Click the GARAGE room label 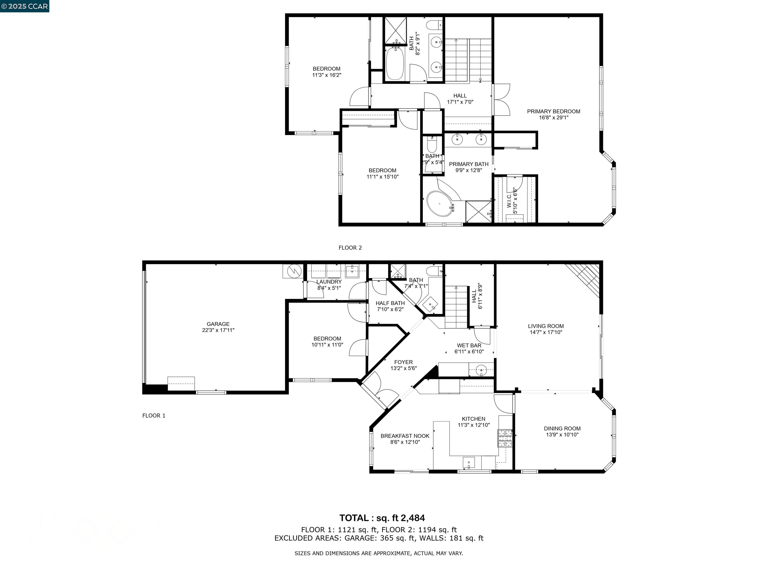point(218,324)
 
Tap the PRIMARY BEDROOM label point(553,111)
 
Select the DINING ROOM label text point(562,428)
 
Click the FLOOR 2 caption point(350,248)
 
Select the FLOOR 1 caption point(153,415)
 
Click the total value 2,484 point(413,518)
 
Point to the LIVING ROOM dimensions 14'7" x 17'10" point(546,332)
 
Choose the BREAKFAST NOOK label point(405,436)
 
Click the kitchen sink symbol point(468,462)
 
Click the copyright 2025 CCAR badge point(24,6)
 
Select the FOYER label point(403,362)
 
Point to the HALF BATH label point(390,303)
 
